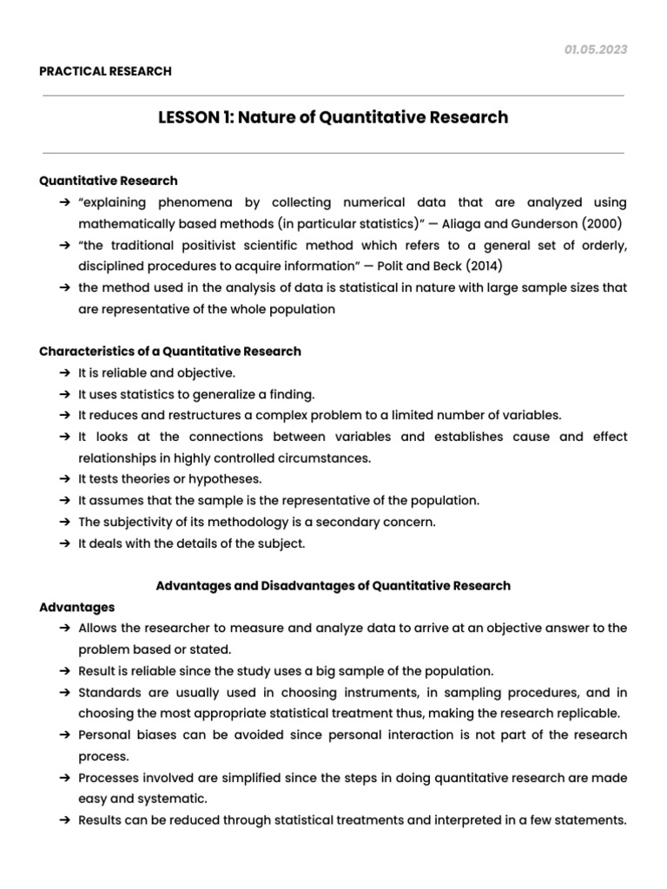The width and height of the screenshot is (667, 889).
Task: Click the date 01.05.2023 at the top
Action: [x=596, y=49]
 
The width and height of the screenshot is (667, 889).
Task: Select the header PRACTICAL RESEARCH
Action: [x=105, y=71]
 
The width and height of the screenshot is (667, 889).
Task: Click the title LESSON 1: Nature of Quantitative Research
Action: [x=333, y=117]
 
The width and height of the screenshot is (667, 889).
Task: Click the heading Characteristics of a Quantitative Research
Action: [x=170, y=352]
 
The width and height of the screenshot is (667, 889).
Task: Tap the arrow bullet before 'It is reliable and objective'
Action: [x=66, y=373]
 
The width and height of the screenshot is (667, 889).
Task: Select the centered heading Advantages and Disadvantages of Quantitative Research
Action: [x=333, y=586]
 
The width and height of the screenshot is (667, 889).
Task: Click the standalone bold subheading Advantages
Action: [x=76, y=607]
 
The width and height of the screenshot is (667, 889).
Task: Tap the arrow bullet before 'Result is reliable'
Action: [x=66, y=671]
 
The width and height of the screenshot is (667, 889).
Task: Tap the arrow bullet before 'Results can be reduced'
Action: [x=66, y=820]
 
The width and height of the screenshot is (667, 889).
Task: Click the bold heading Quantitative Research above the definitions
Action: [x=109, y=181]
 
